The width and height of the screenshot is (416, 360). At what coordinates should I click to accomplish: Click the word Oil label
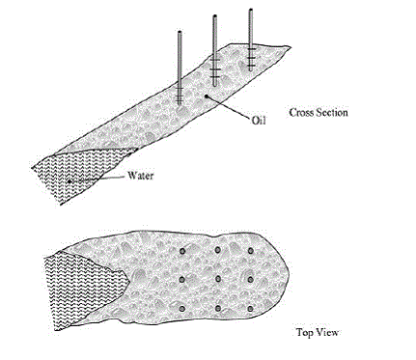(259, 121)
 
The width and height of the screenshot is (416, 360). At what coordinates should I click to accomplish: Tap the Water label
(141, 176)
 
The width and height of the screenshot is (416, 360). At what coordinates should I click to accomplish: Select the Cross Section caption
(319, 113)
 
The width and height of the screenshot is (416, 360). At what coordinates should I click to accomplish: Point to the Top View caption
(318, 332)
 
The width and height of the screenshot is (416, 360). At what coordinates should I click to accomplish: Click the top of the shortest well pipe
(180, 32)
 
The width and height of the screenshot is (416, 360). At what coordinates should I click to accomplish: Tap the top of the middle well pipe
(214, 16)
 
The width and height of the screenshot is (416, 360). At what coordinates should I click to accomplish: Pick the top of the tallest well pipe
(251, 10)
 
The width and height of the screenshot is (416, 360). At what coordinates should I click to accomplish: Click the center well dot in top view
(218, 279)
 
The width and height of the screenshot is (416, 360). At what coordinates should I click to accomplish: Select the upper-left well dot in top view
(182, 251)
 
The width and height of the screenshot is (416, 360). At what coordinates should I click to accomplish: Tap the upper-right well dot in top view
(250, 251)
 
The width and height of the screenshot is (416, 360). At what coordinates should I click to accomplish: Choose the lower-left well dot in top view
(182, 309)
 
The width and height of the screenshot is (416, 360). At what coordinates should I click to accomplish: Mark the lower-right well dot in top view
(250, 309)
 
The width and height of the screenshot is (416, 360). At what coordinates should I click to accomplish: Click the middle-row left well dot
(182, 280)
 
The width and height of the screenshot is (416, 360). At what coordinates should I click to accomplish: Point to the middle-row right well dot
(250, 279)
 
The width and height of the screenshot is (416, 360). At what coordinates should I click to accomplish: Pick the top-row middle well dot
(218, 250)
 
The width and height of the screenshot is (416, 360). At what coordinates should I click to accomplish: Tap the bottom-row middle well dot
(218, 309)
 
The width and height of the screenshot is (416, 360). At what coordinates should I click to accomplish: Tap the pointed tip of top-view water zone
(129, 282)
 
